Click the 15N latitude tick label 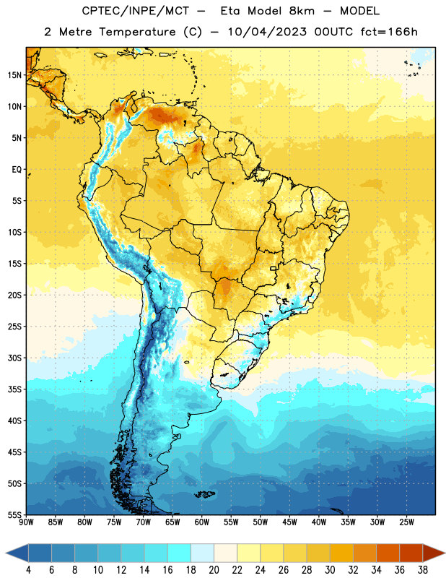pos(14,75)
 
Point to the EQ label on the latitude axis pos(17,170)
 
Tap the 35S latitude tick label pos(14,389)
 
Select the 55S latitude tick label pos(14,514)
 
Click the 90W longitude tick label pos(26,522)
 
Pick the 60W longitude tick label pos(202,522)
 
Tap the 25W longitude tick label pos(406,522)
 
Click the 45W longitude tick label pos(289,522)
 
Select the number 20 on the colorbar pos(214,570)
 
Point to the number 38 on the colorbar pos(423,570)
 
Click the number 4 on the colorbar pos(28,570)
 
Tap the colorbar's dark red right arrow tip pos(445,553)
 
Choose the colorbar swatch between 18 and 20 pos(202,553)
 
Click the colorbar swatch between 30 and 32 pos(341,553)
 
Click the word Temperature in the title pos(137,32)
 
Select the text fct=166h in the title pos(389,32)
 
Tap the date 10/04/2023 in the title pos(267,32)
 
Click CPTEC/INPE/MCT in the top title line pos(135,11)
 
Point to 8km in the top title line pos(302,11)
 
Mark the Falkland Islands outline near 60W pos(204,494)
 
